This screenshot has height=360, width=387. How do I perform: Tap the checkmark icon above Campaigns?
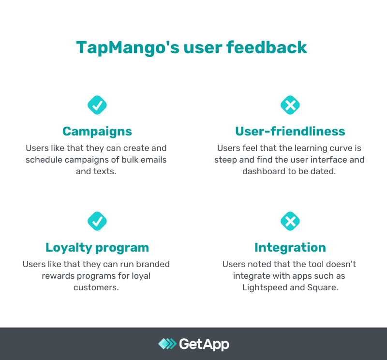97,105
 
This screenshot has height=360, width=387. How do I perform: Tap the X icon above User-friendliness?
290,105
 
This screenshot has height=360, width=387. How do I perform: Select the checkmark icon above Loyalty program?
97,221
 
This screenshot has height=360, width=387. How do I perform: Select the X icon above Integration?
290,221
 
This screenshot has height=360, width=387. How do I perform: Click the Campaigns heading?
97,131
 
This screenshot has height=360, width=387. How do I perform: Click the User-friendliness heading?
290,131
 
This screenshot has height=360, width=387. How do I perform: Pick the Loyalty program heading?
97,247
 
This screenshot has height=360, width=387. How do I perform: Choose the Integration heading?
290,247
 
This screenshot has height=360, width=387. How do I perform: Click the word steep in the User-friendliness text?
226,160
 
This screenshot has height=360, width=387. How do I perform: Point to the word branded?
153,264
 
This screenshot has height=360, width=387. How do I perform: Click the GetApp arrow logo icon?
167,344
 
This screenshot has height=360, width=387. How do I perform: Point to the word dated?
324,171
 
